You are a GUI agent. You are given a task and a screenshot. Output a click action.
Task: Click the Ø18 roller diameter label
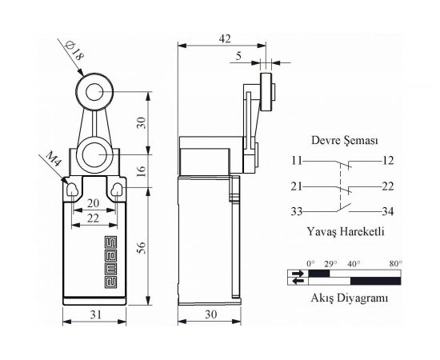tap(74, 51)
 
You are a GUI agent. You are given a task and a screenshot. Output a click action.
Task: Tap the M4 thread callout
tap(54, 159)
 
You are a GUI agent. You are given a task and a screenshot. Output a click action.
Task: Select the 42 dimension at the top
tap(225, 38)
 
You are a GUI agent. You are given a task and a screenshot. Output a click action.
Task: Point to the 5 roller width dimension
tap(238, 56)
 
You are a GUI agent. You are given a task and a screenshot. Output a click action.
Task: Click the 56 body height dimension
tap(142, 247)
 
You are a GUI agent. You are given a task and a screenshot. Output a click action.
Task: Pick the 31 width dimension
tap(95, 315)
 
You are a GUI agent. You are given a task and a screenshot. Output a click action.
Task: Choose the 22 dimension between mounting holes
tap(93, 218)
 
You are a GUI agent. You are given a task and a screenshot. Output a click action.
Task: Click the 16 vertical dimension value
tap(142, 170)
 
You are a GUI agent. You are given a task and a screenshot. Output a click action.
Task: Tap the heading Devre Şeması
tap(345, 140)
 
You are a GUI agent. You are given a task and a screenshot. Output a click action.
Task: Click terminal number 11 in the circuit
tap(296, 161)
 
